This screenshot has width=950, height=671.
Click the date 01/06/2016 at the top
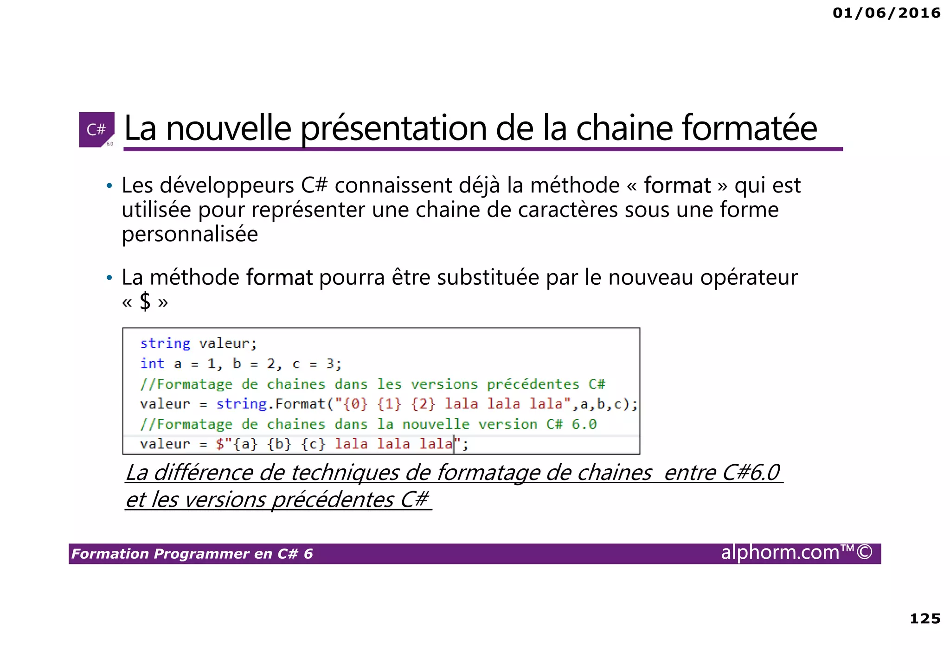[x=886, y=13]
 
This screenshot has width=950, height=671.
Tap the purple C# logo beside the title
[x=96, y=129]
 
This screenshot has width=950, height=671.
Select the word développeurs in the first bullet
[x=227, y=185]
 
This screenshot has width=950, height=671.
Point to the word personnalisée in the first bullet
[x=189, y=234]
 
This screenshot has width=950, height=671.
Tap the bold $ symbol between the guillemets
[x=145, y=302]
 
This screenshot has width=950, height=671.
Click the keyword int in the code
[x=152, y=364]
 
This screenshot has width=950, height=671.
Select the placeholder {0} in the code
[x=355, y=404]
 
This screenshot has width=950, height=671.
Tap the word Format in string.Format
[x=300, y=404]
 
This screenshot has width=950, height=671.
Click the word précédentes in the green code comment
[x=533, y=384]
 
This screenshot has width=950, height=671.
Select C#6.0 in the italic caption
[x=751, y=473]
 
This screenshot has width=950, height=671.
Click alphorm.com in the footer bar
[x=780, y=553]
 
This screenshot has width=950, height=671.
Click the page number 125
[x=925, y=619]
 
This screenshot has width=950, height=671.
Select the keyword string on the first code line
[x=165, y=344]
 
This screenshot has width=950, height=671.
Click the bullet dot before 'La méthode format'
[x=109, y=278]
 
